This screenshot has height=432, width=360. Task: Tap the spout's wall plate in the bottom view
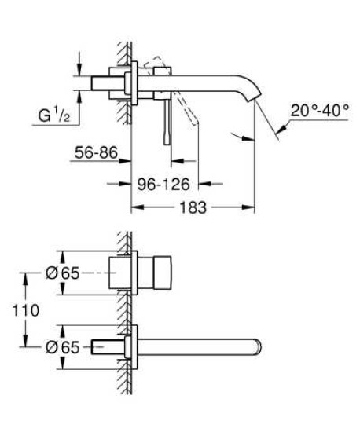point(135,346)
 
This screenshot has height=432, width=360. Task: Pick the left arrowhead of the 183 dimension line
point(134,208)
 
